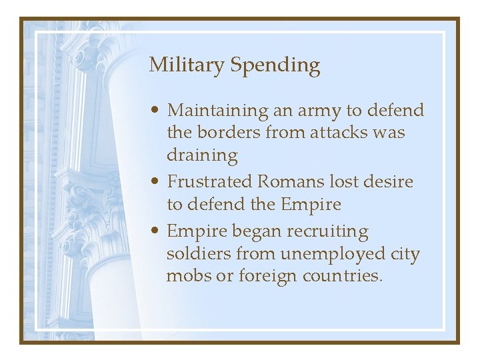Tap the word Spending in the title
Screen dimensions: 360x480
[x=275, y=66]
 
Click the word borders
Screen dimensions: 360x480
[x=227, y=133]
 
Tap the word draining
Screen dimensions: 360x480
[x=202, y=156]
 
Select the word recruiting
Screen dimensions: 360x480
[x=327, y=232]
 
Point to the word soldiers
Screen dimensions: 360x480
[x=199, y=254]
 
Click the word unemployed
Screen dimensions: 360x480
[x=323, y=255]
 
